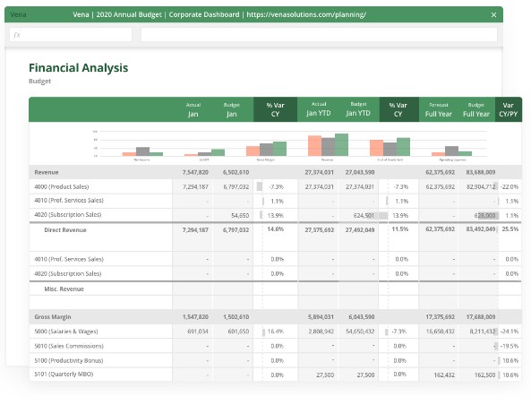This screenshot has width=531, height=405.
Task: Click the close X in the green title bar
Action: (x=493, y=15)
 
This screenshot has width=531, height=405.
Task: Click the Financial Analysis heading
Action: (x=78, y=67)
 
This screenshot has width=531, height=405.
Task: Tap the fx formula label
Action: (x=16, y=35)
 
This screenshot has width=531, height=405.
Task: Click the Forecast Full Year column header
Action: (x=439, y=109)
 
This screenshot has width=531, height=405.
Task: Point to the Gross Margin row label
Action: (x=53, y=316)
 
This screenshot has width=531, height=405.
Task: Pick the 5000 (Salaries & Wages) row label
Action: (x=66, y=331)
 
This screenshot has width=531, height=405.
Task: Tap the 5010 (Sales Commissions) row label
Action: (x=68, y=345)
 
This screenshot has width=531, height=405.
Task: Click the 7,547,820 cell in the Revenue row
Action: (x=195, y=171)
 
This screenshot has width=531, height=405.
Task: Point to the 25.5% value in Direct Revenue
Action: (x=510, y=229)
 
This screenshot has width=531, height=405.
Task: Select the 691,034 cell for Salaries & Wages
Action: (x=197, y=331)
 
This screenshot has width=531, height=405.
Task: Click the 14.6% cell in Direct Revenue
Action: (x=274, y=229)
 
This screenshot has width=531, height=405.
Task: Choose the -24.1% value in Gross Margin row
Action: (x=510, y=331)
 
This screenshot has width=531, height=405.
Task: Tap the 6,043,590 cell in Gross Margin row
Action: (x=359, y=316)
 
